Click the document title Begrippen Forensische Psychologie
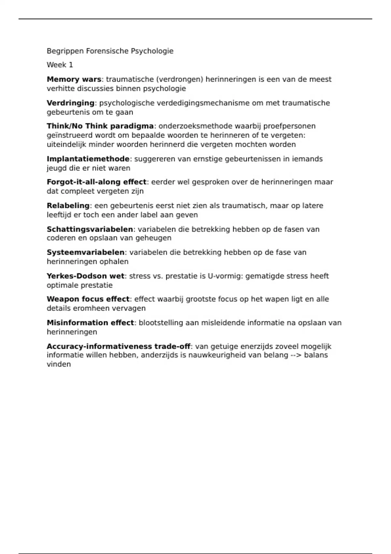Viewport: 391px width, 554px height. (x=110, y=51)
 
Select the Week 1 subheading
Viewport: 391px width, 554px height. (x=60, y=65)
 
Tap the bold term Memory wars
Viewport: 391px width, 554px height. (x=74, y=79)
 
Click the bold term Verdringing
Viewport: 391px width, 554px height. (x=70, y=103)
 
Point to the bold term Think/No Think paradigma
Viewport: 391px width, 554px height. (x=100, y=126)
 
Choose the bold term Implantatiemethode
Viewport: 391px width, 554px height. (x=88, y=159)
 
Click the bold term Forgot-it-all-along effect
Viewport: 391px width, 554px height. (x=96, y=182)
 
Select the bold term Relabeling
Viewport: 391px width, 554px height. (x=68, y=206)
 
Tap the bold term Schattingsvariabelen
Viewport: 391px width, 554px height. (x=90, y=229)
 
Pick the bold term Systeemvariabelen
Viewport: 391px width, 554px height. (x=85, y=252)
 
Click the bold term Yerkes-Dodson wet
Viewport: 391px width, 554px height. (x=85, y=276)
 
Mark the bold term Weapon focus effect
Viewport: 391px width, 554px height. (x=88, y=299)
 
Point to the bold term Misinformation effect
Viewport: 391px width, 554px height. (x=90, y=323)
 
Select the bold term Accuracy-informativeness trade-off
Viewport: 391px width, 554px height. (x=118, y=346)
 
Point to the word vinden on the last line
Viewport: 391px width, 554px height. (x=59, y=364)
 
